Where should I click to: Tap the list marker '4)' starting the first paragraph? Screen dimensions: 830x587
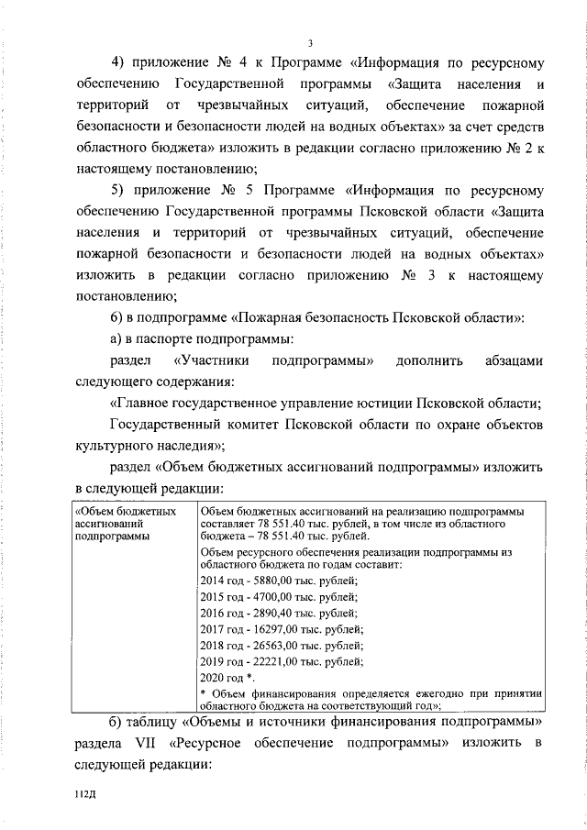point(119,64)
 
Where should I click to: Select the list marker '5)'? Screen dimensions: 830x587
point(119,191)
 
